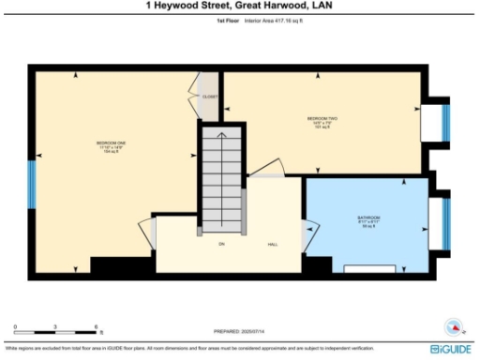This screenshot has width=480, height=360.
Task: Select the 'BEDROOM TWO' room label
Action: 321,119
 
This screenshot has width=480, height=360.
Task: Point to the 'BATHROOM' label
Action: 368,218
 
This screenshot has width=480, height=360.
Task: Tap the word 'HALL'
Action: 273,245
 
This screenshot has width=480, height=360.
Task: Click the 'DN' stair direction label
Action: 222,245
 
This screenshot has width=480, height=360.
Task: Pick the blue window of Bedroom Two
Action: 446,122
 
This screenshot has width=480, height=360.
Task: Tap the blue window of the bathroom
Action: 446,217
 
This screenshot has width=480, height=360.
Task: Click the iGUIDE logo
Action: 452,349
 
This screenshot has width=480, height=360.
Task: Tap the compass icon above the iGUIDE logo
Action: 455,328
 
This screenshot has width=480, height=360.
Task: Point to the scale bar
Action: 56,332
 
